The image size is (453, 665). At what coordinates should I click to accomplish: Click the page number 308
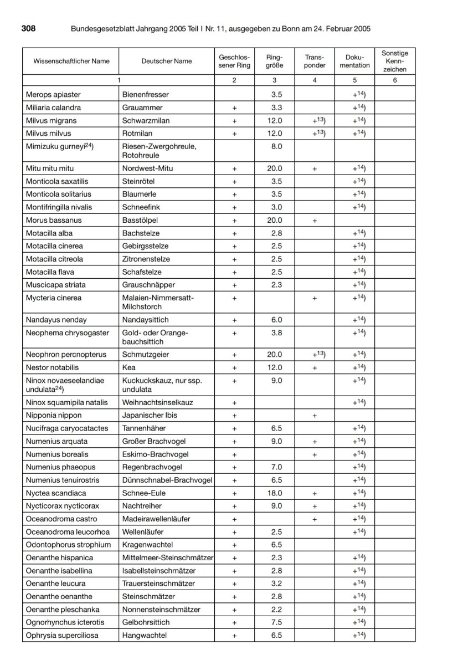(x=29, y=28)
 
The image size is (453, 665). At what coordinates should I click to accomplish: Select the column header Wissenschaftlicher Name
(x=71, y=61)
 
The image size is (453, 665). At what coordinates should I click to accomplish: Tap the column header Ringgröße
(x=274, y=61)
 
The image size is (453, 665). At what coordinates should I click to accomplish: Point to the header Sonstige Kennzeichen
(x=394, y=61)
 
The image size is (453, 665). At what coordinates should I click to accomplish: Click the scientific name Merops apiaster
(x=53, y=95)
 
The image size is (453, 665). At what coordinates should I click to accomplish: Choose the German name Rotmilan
(x=136, y=133)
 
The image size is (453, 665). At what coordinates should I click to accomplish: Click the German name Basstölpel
(x=140, y=220)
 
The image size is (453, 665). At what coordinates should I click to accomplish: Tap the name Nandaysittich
(x=146, y=320)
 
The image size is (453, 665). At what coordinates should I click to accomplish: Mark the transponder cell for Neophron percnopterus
(x=314, y=354)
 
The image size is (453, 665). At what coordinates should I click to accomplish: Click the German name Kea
(x=128, y=367)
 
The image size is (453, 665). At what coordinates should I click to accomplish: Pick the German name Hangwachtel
(x=144, y=635)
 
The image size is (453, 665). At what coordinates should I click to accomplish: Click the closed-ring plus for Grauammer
(x=234, y=108)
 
